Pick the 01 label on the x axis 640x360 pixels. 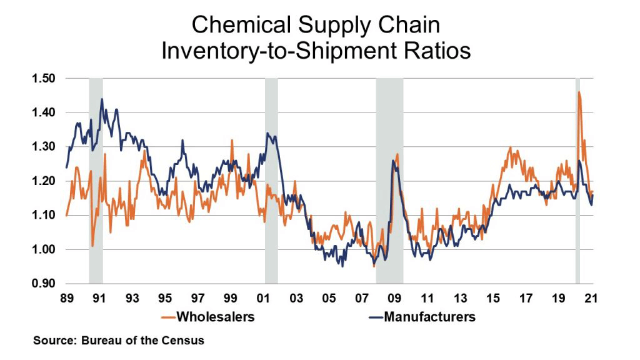pyautogui.click(x=262, y=297)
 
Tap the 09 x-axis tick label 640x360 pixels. pyautogui.click(x=394, y=297)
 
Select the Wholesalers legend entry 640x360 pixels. pyautogui.click(x=216, y=317)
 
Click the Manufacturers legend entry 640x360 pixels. pyautogui.click(x=429, y=317)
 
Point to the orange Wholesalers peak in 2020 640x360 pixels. pyautogui.click(x=579, y=92)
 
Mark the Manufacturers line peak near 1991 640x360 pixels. pyautogui.click(x=102, y=99)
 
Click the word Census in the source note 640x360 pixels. pyautogui.click(x=186, y=341)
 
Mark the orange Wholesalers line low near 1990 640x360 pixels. pyautogui.click(x=92, y=246)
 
